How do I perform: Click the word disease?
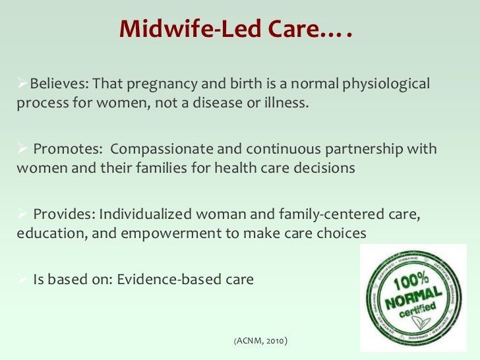pos(222,104)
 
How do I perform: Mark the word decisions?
pos(324,167)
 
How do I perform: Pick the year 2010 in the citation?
pos(276,342)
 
